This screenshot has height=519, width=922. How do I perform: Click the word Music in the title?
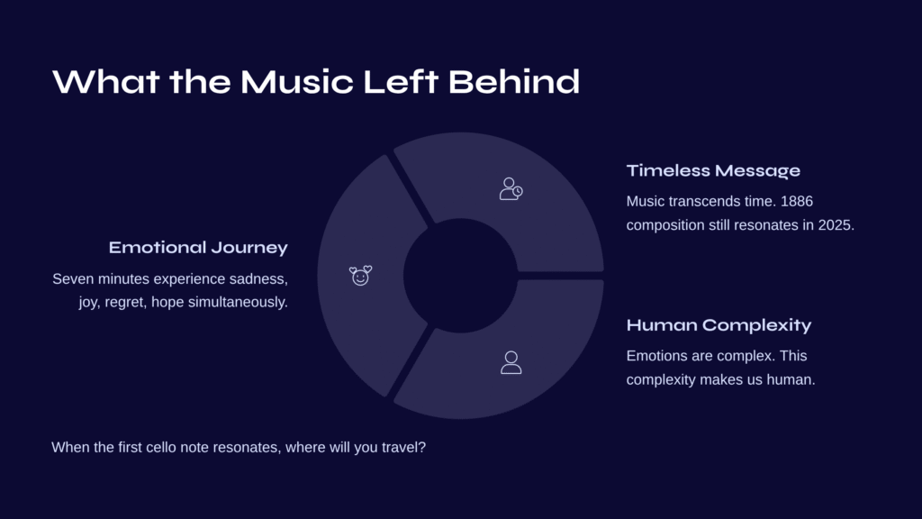pos(297,82)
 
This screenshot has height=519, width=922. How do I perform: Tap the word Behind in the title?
pos(514,82)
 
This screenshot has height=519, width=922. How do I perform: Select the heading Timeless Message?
pos(713,170)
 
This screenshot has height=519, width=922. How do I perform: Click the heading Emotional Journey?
pos(198,248)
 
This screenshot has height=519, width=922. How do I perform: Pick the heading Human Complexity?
pos(719,324)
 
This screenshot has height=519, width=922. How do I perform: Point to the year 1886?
pos(797,201)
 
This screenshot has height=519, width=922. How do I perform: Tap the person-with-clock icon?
pos(511,189)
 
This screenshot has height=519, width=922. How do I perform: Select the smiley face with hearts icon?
pos(360,276)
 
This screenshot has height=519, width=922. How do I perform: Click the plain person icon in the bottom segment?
pos(511,362)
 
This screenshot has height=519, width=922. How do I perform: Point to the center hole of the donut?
pos(460,276)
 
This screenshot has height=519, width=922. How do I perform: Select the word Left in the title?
pos(401,82)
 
